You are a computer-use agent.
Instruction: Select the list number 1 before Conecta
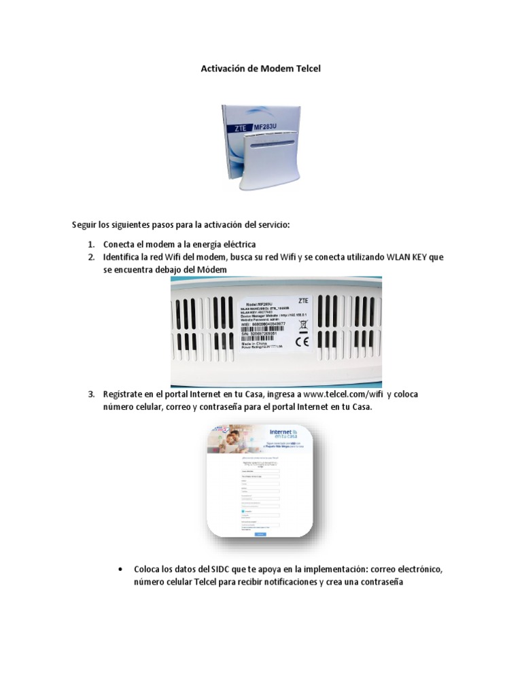pos(91,243)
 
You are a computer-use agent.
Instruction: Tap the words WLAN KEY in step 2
pos(405,257)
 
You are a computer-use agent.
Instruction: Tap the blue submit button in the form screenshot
pos(260,535)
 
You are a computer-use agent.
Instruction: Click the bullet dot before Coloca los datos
pos(120,568)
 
